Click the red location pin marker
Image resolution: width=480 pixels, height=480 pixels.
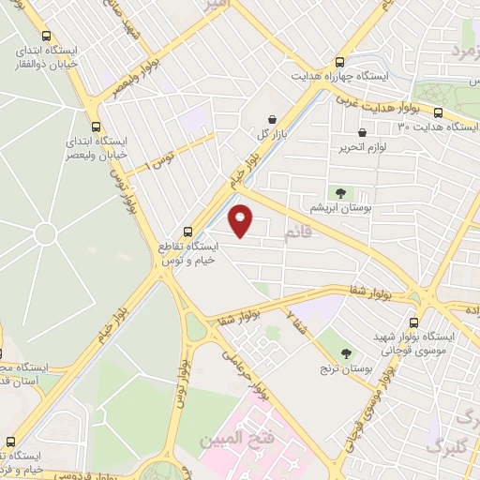tap(242, 221)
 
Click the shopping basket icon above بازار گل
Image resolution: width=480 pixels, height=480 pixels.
tap(272, 119)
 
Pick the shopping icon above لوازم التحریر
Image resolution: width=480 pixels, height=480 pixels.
tap(360, 133)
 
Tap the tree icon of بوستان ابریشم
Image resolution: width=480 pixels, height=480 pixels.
tap(339, 192)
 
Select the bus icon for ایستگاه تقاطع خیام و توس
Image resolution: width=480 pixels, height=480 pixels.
tap(187, 231)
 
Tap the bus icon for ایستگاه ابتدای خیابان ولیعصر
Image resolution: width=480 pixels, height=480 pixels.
tap(97, 126)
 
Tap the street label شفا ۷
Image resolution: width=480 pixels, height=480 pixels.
tap(298, 324)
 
